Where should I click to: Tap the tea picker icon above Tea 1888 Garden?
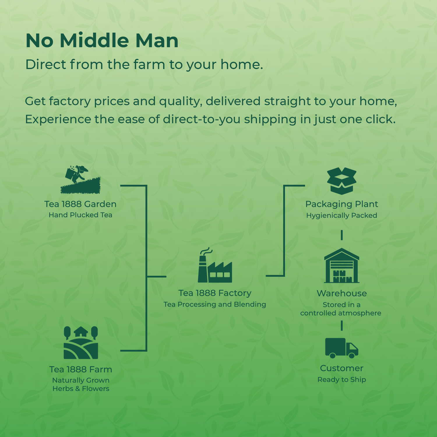(80, 180)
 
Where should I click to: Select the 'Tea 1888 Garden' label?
(80, 204)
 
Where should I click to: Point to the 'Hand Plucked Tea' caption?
(80, 215)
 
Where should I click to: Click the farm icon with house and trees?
(81, 343)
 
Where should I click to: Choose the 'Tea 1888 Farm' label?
(81, 369)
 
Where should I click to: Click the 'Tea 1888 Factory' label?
(215, 293)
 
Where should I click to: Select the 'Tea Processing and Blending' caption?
(215, 304)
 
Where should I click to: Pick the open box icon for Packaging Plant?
(342, 181)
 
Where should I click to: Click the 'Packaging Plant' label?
(342, 204)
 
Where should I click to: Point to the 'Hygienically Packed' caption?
(342, 216)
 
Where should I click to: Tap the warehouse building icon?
(342, 265)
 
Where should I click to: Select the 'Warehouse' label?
(342, 293)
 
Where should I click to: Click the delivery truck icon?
(342, 348)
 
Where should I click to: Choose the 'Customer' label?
(342, 368)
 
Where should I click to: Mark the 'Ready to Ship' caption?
(342, 380)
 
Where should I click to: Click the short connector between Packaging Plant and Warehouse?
(342, 235)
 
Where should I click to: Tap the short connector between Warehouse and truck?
(342, 326)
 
